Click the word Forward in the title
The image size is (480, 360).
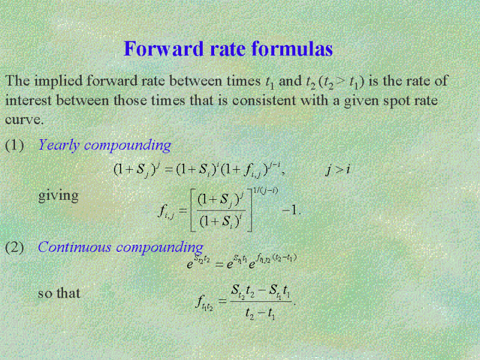[163, 49]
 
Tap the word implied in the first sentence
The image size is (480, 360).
[58, 82]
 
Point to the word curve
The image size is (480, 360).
[24, 119]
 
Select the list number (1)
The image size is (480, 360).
[14, 145]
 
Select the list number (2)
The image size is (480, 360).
[14, 247]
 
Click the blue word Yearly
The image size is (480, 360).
[59, 145]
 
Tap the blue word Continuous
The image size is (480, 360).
[74, 247]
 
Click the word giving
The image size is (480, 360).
[58, 196]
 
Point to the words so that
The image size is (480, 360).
[59, 293]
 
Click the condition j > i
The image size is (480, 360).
[337, 169]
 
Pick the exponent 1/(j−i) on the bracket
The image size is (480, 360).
[265, 191]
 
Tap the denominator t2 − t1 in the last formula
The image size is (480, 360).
[260, 313]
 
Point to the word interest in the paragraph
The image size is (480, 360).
[28, 100]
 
